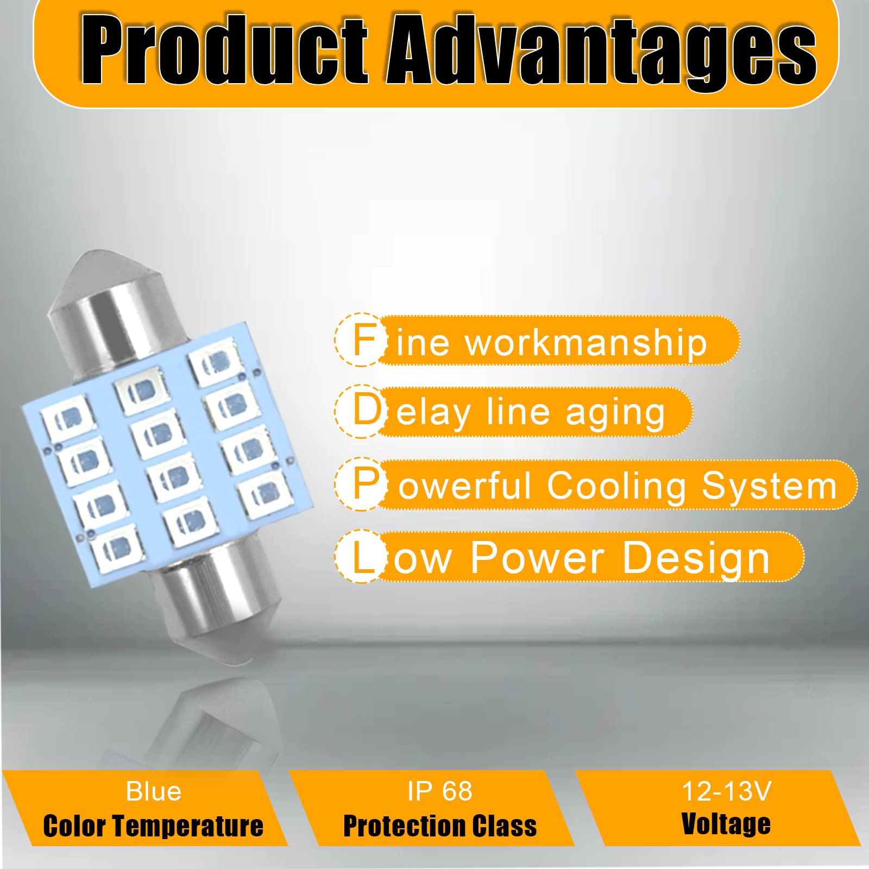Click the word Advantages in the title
[601, 52]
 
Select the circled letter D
[362, 411]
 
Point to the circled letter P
[362, 484]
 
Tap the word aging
[615, 414]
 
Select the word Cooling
[617, 487]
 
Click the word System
[769, 487]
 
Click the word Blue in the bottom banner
[154, 791]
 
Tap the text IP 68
[440, 791]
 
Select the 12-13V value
[726, 791]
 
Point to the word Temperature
[188, 826]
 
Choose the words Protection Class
[440, 826]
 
